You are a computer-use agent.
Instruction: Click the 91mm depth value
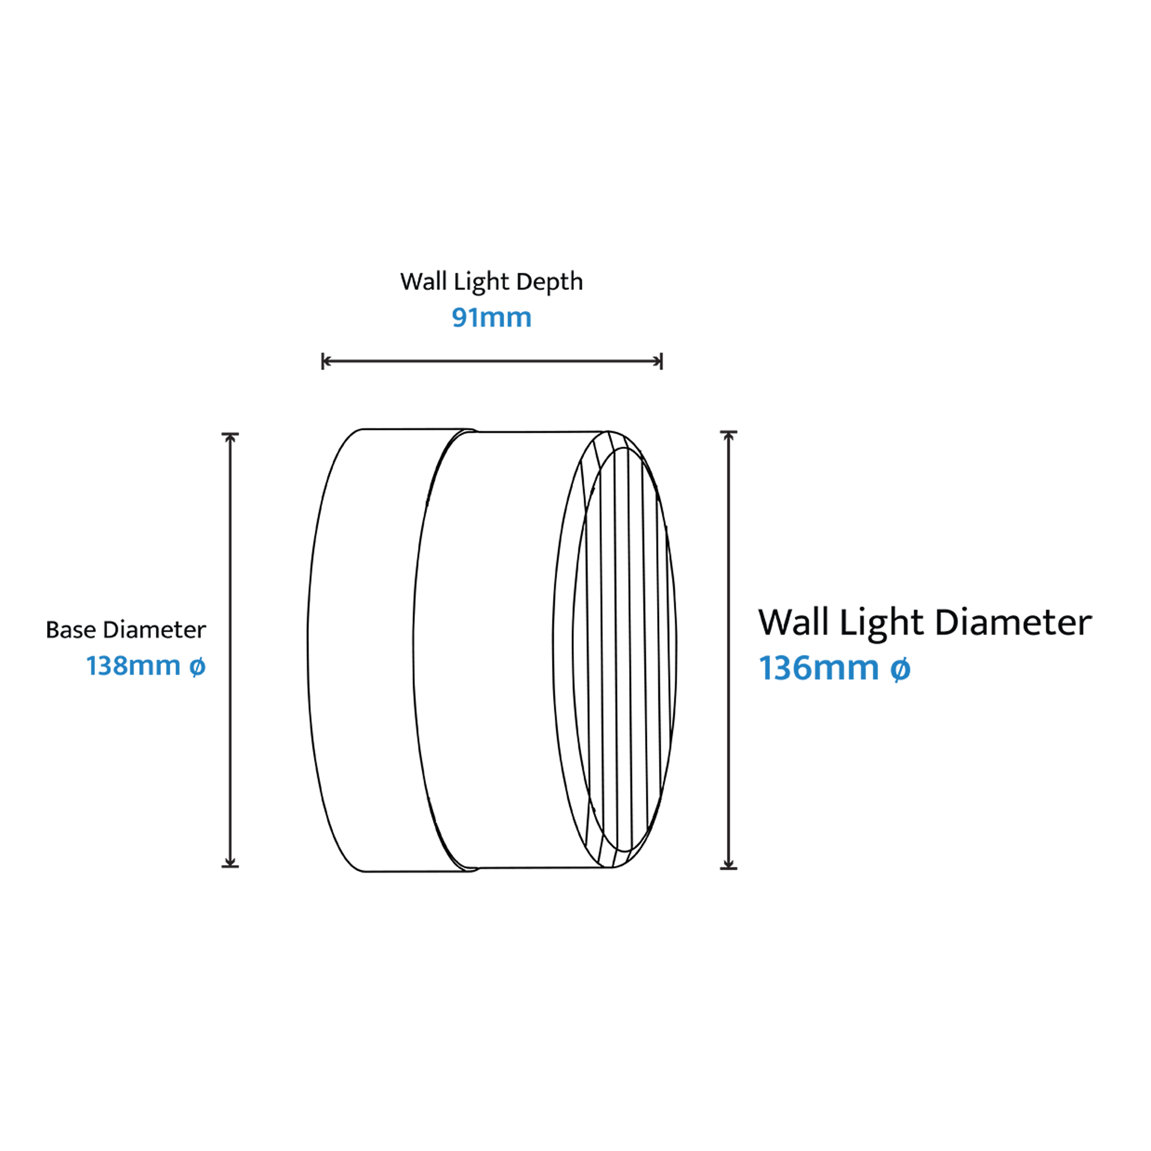(x=491, y=318)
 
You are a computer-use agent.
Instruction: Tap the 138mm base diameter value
(x=134, y=665)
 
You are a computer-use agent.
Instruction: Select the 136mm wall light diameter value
(x=818, y=668)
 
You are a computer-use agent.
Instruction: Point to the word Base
(x=70, y=630)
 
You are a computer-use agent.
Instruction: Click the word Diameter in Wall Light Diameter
(x=1013, y=623)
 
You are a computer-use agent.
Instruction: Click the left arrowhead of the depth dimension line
(x=326, y=361)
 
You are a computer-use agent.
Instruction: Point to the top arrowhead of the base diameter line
(x=230, y=437)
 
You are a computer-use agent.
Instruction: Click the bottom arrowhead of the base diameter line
(x=230, y=862)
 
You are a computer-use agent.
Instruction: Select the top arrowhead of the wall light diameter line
(x=729, y=436)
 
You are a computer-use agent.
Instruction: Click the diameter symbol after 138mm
(x=197, y=666)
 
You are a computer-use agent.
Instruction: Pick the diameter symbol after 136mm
(x=900, y=669)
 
